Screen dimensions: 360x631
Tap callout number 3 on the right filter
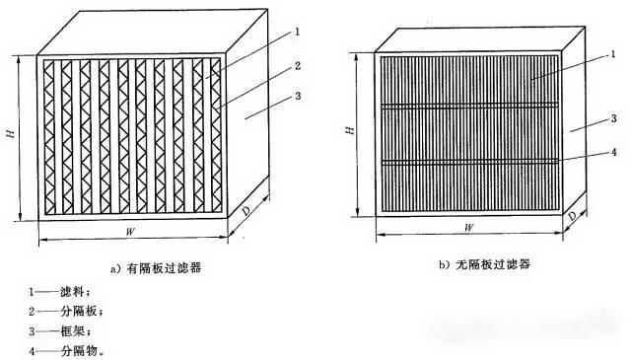coord(613,118)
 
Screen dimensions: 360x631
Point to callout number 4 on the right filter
coord(613,152)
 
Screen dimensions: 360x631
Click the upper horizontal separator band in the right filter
coord(468,104)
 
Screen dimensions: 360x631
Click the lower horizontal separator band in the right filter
coord(468,160)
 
